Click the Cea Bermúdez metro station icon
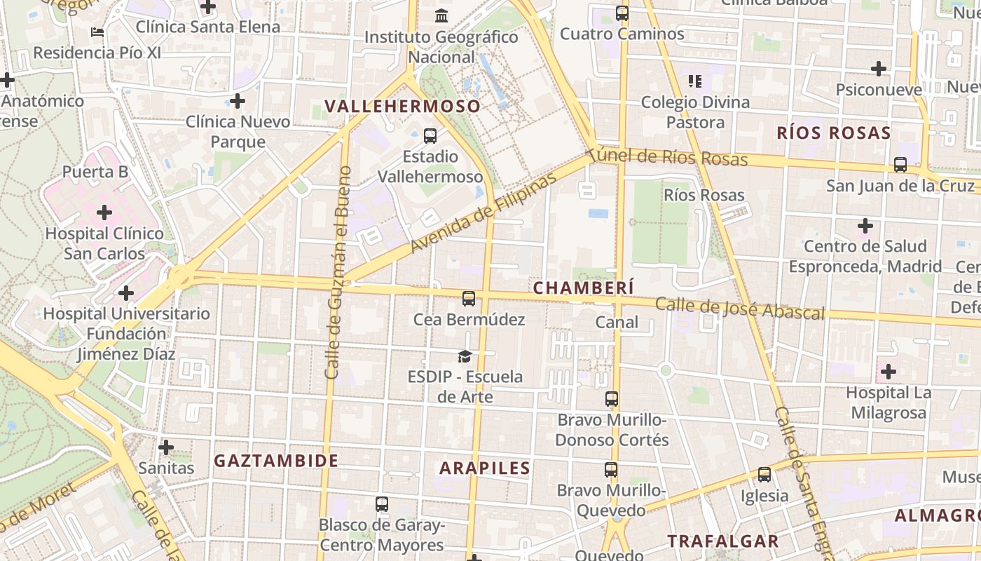(x=469, y=299)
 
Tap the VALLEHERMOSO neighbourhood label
(x=403, y=107)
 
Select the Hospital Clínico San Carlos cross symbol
(x=104, y=212)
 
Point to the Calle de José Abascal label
(x=740, y=309)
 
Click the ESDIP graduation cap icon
(x=465, y=357)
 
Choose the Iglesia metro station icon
(x=764, y=475)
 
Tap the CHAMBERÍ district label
(x=584, y=288)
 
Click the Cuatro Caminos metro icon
(x=622, y=13)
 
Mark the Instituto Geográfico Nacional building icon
(x=442, y=15)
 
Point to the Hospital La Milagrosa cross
(x=889, y=372)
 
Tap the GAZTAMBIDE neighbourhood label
(x=276, y=461)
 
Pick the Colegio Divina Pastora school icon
(x=695, y=81)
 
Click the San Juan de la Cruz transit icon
(x=900, y=165)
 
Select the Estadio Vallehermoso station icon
(x=430, y=136)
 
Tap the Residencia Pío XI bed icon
(x=97, y=32)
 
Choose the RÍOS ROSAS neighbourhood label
(x=834, y=133)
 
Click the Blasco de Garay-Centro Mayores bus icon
(x=382, y=504)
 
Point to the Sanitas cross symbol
(x=166, y=447)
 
